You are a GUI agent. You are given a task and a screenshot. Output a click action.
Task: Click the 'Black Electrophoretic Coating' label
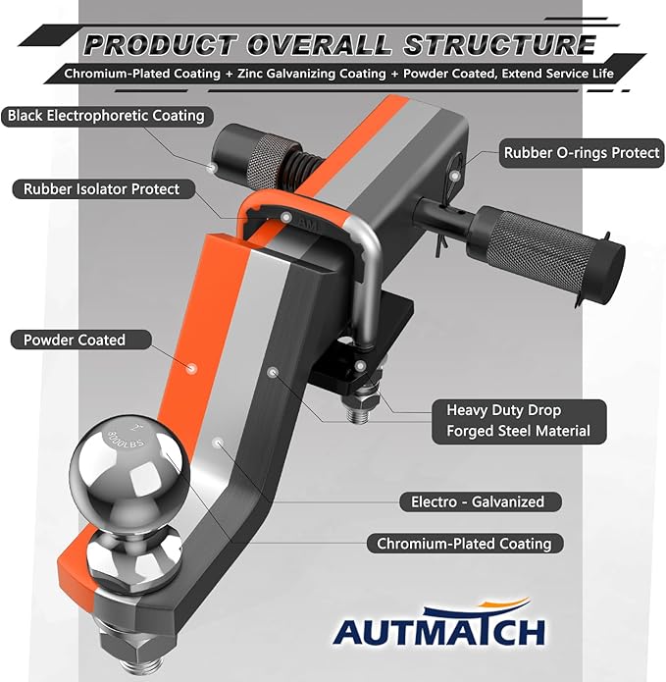(x=107, y=116)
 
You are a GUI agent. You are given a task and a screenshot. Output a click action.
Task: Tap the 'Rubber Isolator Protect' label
(x=103, y=189)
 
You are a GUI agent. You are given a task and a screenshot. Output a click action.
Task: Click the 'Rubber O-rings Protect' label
(x=582, y=153)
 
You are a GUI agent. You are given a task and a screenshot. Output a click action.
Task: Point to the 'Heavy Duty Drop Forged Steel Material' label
(x=519, y=421)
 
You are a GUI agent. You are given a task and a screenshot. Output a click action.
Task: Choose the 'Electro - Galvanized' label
(x=480, y=501)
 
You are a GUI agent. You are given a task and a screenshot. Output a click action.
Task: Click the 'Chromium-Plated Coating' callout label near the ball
(x=465, y=544)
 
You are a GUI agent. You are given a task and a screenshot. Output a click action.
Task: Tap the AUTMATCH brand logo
(x=439, y=623)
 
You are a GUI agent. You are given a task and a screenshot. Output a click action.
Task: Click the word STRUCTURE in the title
(x=500, y=45)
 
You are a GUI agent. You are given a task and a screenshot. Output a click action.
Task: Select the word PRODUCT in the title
(x=161, y=45)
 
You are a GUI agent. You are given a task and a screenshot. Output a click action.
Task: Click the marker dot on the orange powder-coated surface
(x=191, y=369)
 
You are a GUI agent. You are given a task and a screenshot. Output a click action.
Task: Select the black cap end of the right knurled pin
(x=606, y=270)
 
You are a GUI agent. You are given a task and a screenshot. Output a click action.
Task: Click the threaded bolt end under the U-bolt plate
(x=359, y=412)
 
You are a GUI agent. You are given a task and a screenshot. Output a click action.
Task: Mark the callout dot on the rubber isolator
(x=285, y=217)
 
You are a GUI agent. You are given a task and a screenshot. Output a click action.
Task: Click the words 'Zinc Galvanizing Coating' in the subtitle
(x=311, y=74)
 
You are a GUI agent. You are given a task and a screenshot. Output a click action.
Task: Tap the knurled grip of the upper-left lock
(x=267, y=156)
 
